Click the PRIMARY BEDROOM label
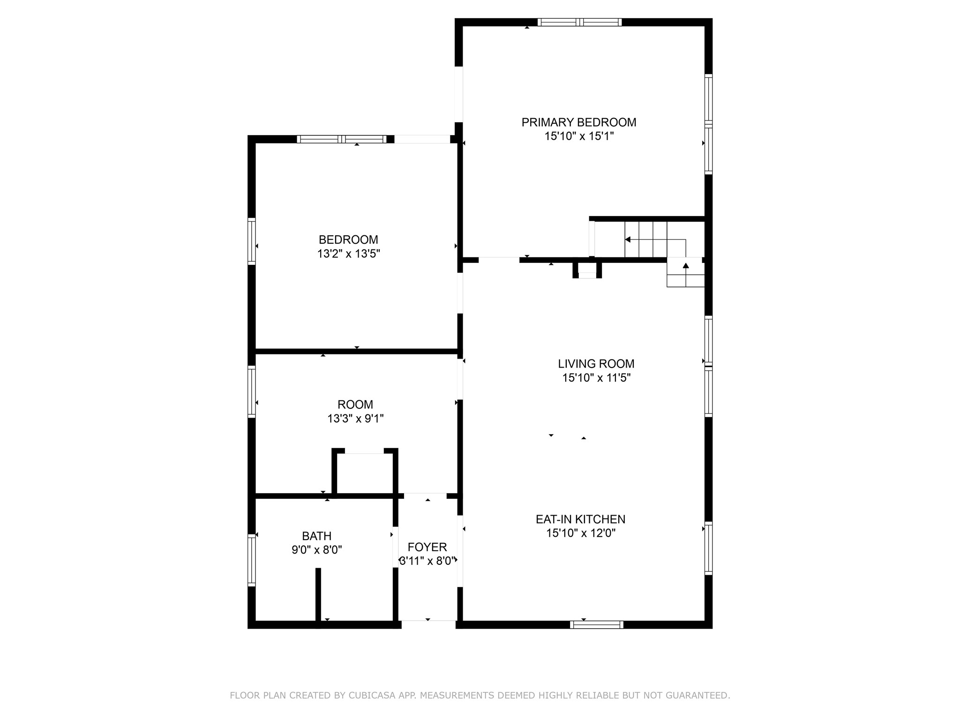pos(579,122)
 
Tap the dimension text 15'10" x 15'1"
pos(579,136)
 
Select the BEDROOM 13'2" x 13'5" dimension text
pos(348,254)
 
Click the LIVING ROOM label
pos(596,364)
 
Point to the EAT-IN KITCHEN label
pos(580,519)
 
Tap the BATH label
pos(317,536)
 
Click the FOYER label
pos(427,547)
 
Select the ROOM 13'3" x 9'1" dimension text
pos(355,419)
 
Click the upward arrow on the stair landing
pos(686,266)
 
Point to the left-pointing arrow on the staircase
pos(628,240)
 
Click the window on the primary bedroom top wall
pos(579,22)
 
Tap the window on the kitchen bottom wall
pos(596,624)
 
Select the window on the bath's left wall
pos(252,560)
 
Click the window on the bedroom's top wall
pos(342,139)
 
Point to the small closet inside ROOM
pos(365,473)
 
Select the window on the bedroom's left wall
pos(252,241)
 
